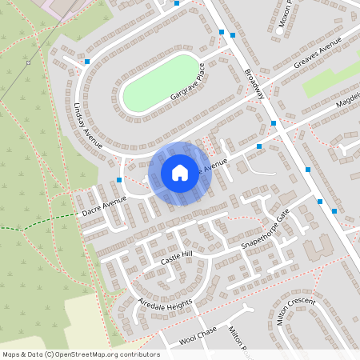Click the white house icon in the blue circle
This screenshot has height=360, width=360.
(x=180, y=173)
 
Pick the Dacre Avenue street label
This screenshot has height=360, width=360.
(x=104, y=206)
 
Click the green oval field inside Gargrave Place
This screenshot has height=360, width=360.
(x=160, y=82)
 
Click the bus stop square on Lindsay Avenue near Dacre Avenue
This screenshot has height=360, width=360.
(x=119, y=180)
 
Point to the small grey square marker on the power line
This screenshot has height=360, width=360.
(x=28, y=62)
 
